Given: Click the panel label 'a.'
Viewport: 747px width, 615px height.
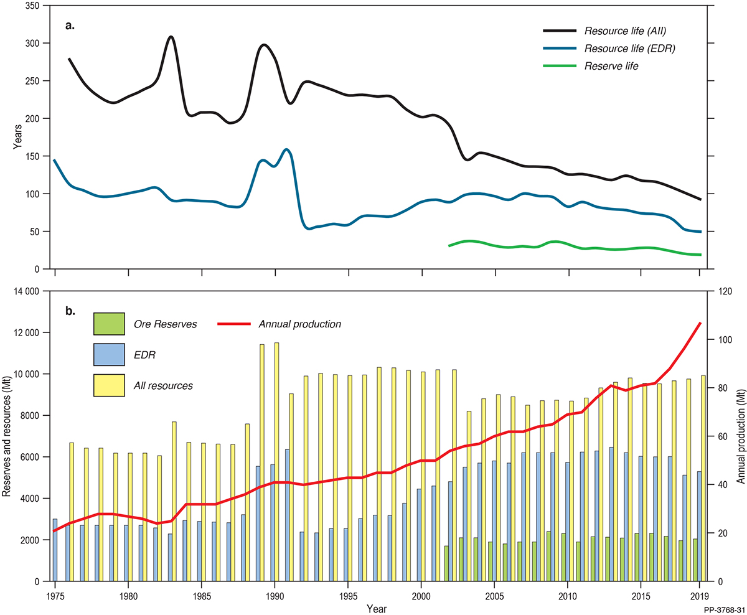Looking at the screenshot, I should coord(70,26).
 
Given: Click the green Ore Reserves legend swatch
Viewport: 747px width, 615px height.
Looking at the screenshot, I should coord(109,324).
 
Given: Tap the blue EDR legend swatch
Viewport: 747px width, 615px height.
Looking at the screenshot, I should coord(109,354).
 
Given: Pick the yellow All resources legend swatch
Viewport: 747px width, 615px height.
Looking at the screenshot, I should coord(109,385).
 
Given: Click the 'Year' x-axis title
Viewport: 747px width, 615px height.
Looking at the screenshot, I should coord(377,606).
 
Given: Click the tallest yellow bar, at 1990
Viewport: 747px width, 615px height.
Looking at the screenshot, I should coord(276,461).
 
